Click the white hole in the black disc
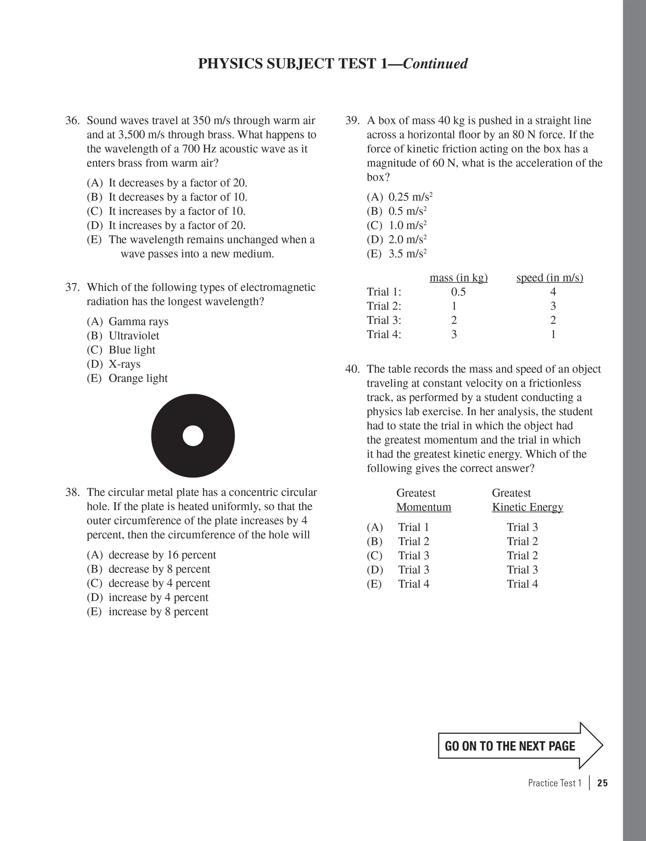pos(193,436)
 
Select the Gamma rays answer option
pos(138,321)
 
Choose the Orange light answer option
pos(138,378)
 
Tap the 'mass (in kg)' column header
pos(458,278)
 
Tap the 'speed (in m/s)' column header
pos(550,278)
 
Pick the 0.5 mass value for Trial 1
pos(458,292)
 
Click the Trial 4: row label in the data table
pos(384,334)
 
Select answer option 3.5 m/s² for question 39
pos(407,254)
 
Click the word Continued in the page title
pos(435,64)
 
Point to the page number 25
pos(602,783)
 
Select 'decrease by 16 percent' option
pos(162,555)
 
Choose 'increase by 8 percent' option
pos(158,612)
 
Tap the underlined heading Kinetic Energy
pos(527,507)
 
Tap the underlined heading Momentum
pos(423,507)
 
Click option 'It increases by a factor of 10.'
pos(176,211)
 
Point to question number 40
pos(352,369)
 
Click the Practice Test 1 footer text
pos(554,783)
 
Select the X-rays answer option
pos(124,364)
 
